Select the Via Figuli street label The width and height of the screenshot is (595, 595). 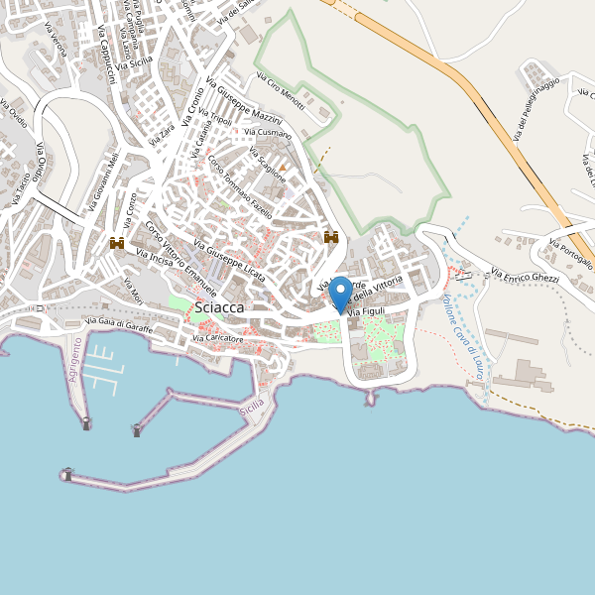pos(365,312)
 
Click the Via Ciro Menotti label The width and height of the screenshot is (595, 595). pos(280,90)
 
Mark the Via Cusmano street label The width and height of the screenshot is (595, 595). pos(268,132)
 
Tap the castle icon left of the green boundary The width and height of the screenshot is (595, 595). pos(331,238)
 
